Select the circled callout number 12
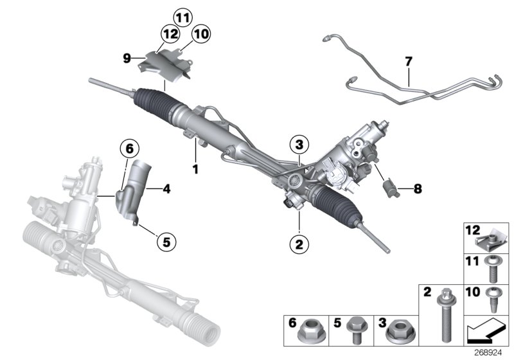pos(170,33)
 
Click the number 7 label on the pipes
pos(408,62)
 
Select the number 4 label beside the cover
pos(166,190)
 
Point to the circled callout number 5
pos(166,242)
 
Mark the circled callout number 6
pos(129,149)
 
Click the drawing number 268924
pos(493,352)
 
